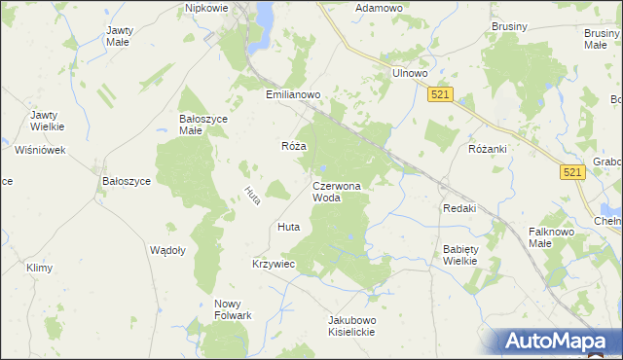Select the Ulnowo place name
[410, 73]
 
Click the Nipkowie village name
[205, 8]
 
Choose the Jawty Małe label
[120, 36]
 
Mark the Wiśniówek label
[40, 150]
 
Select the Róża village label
[294, 146]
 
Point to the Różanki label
[489, 149]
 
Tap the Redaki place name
[458, 208]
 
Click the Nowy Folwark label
[234, 309]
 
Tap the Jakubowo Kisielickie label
[351, 325]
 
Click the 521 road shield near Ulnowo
[440, 93]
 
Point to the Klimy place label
[39, 268]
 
